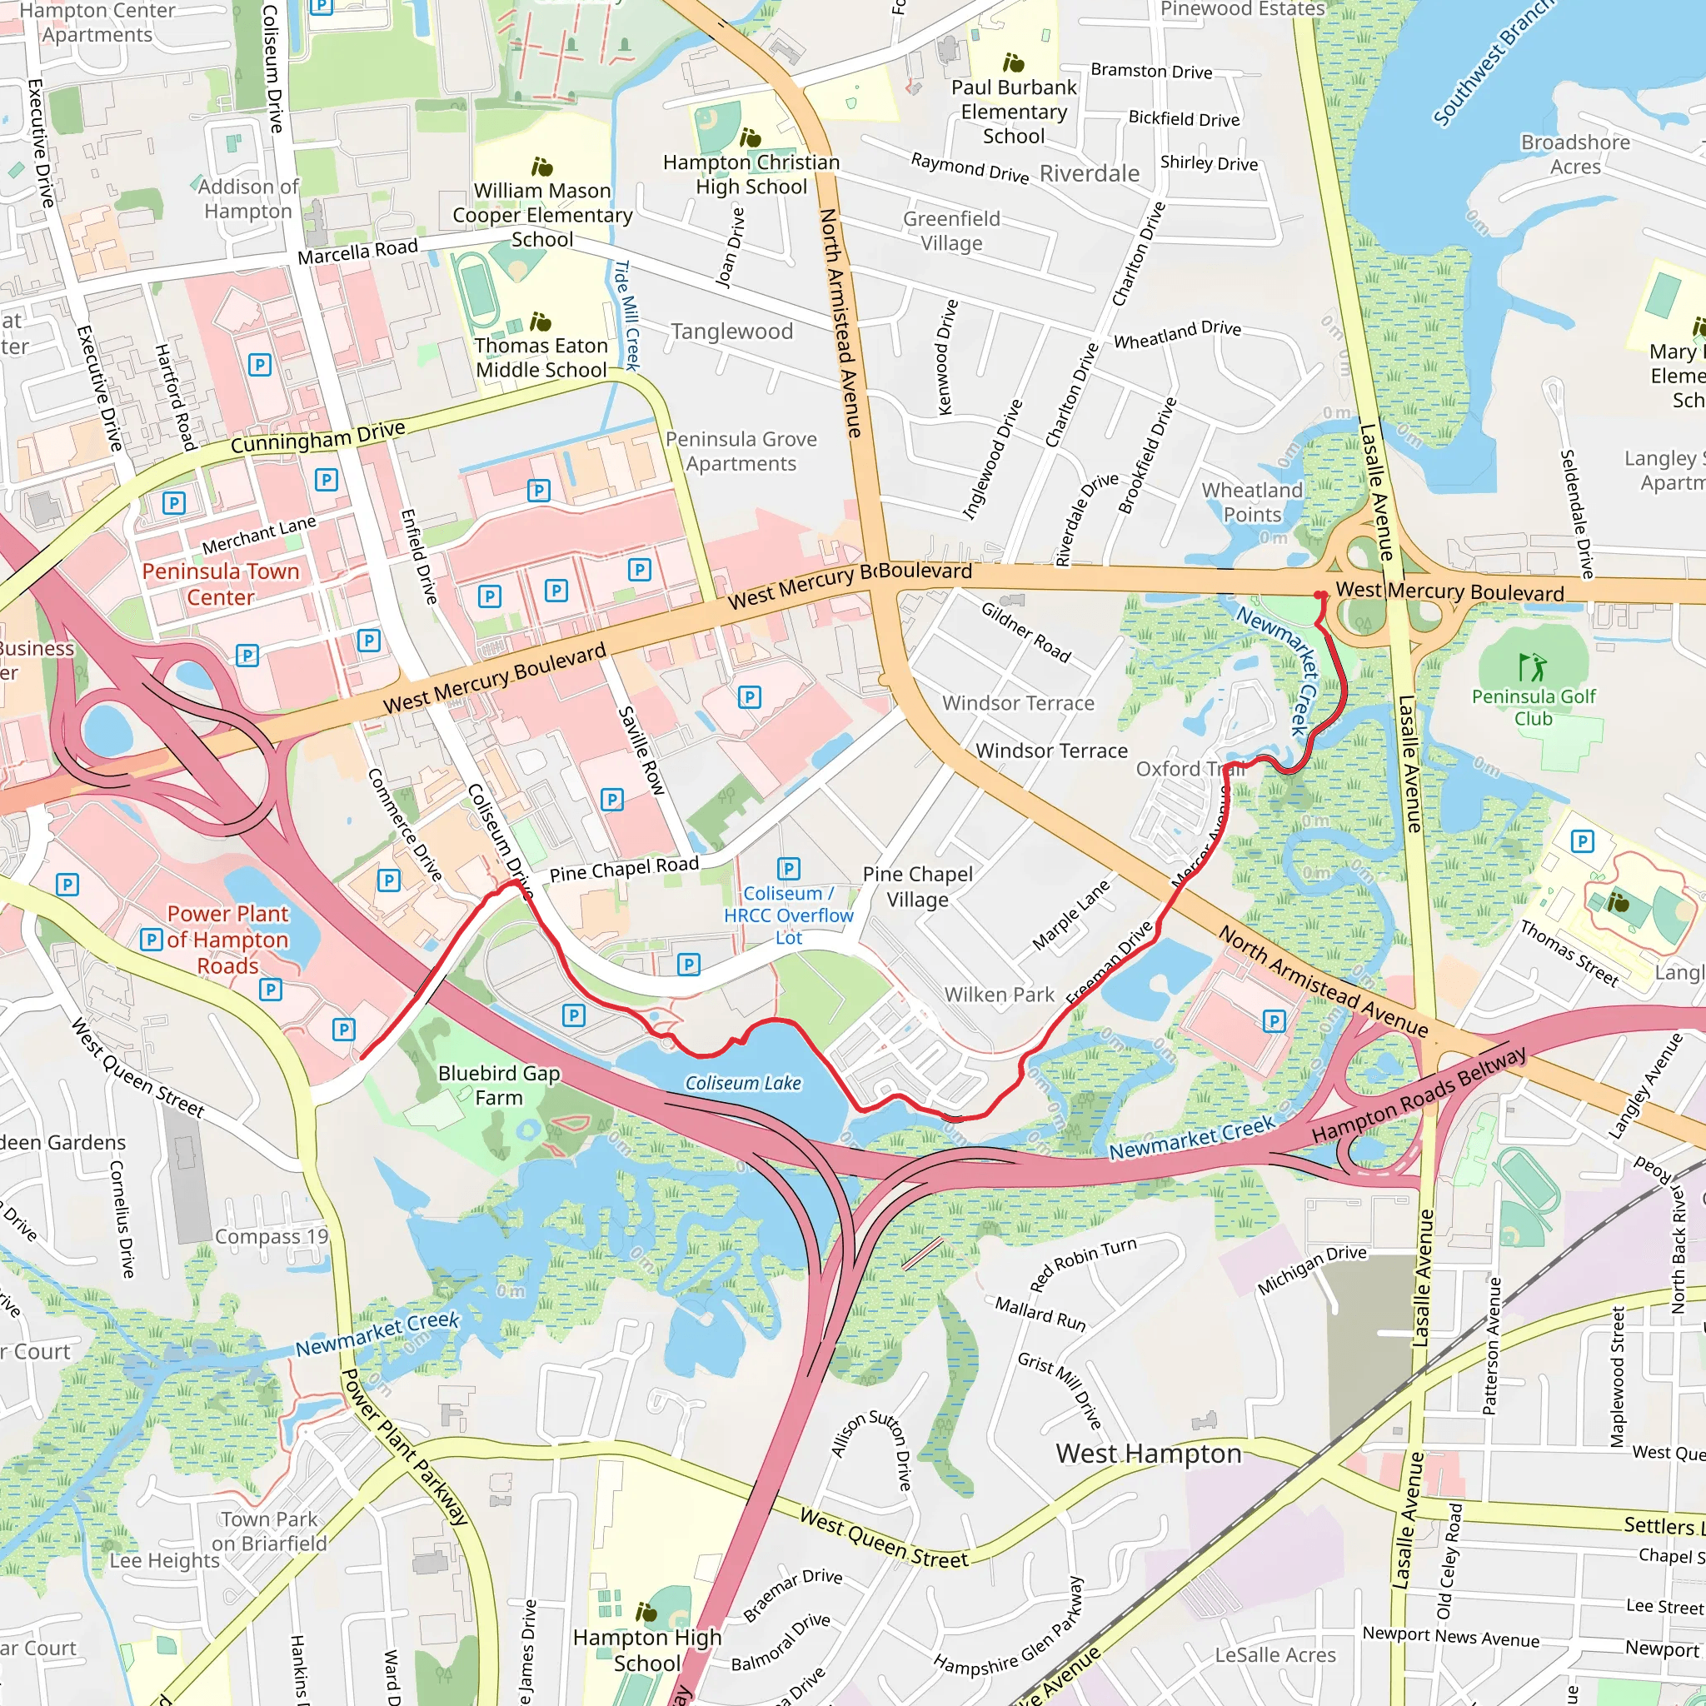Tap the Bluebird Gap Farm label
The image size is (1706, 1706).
499,1085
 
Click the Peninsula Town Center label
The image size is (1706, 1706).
221,584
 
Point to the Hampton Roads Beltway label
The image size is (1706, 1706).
1418,1094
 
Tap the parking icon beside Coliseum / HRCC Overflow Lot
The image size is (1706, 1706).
789,869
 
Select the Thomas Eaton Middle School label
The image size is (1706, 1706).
541,357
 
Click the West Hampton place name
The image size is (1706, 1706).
1148,1454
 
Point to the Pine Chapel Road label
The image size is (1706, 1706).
623,869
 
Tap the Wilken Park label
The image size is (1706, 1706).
999,995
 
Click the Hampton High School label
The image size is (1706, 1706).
646,1650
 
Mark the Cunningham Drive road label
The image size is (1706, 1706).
318,438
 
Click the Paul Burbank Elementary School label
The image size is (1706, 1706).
1014,112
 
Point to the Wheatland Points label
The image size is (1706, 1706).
1251,501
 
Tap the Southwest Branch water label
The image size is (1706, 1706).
1492,62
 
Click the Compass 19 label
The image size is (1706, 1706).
271,1236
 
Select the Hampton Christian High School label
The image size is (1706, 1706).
751,174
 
